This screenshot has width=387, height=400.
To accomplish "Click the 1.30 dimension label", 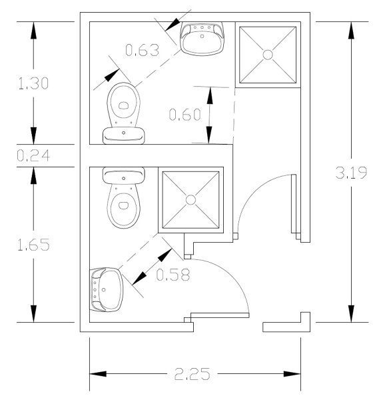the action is coord(33,83).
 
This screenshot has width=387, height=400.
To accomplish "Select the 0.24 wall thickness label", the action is coord(33,155).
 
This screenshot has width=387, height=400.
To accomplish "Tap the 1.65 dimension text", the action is coord(33,245).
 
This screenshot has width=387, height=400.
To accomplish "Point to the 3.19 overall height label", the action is coord(351,173).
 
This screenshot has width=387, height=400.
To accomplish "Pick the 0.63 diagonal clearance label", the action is coord(143,50).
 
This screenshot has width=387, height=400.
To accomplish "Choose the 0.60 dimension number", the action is coord(185,114).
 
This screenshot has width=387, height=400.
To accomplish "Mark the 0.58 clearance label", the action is coord(173,275).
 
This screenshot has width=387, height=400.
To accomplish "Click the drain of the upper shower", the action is coord(268,55).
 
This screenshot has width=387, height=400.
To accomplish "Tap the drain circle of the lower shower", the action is coord(191,200).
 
